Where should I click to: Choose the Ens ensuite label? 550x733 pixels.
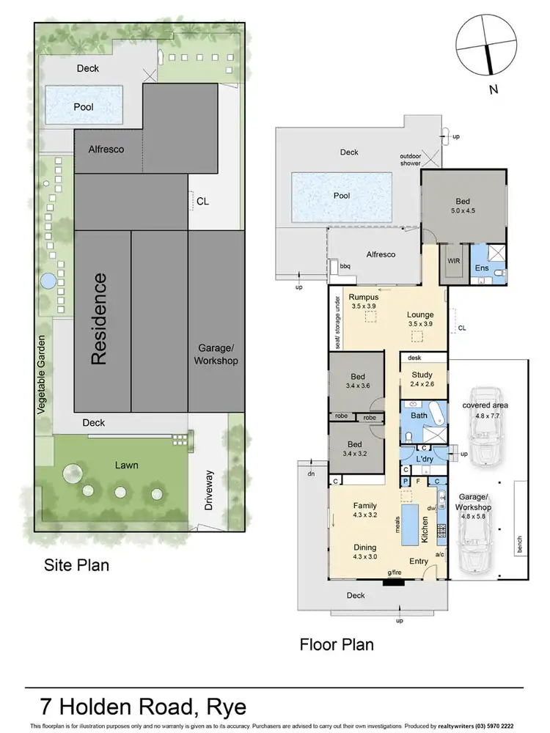481,269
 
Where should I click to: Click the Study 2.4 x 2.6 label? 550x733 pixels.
422,379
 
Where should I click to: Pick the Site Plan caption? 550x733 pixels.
76,565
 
